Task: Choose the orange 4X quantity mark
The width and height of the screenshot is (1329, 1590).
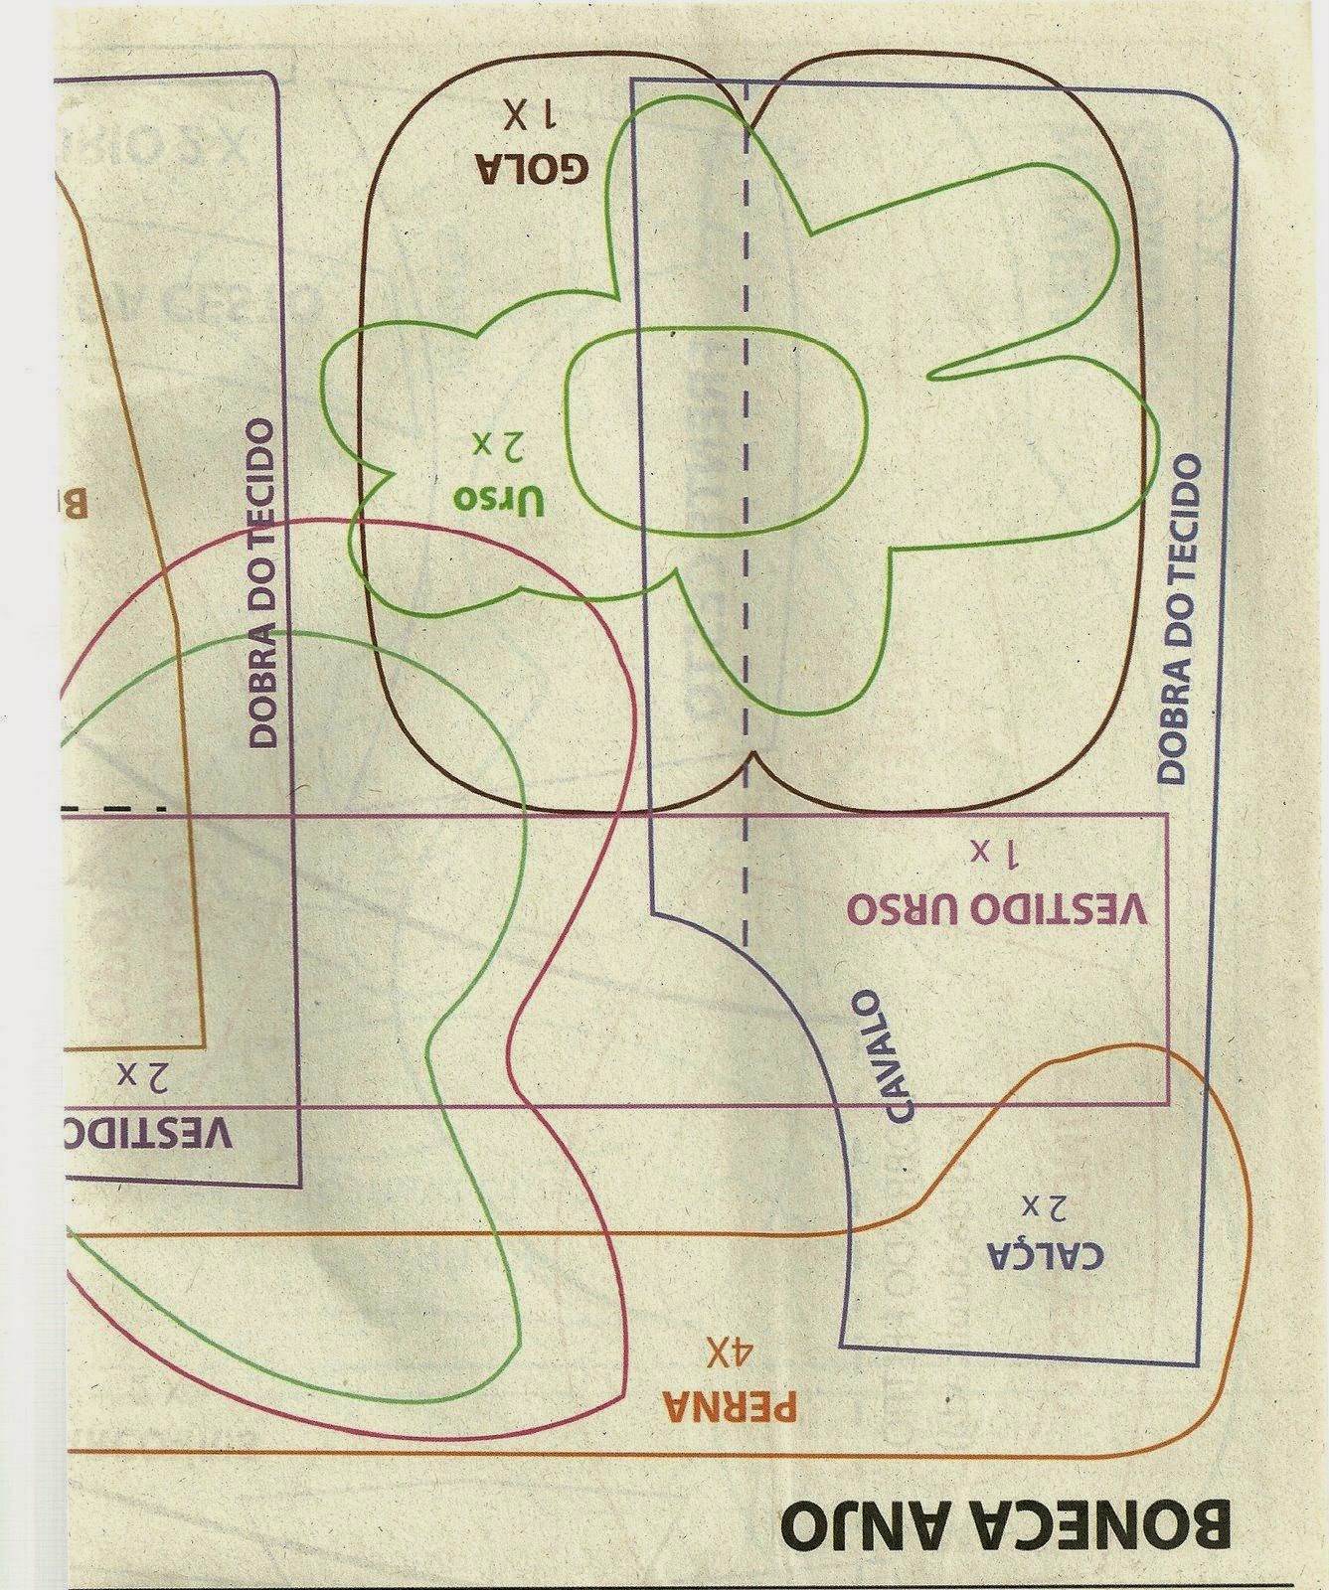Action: point(733,1351)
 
